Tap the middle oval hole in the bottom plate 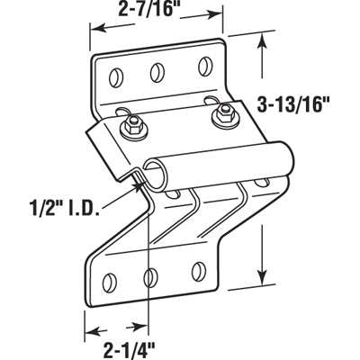coord(150,274)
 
